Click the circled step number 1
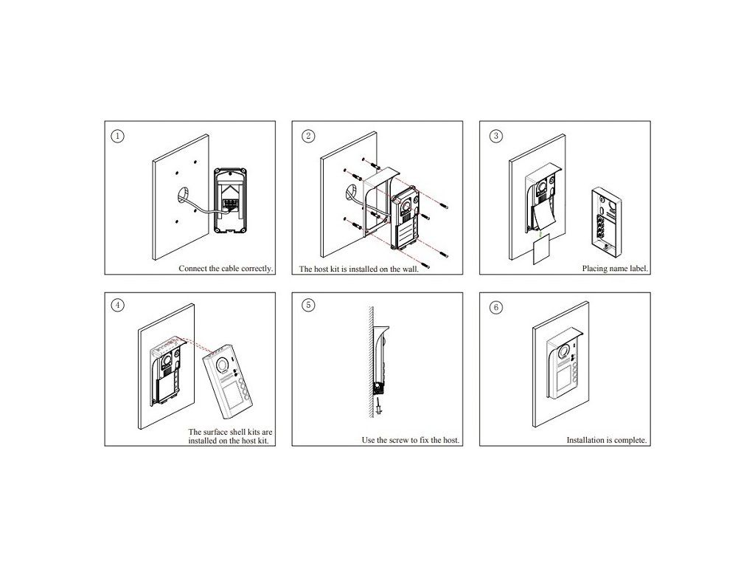117,136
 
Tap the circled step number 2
308,136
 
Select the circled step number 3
496,136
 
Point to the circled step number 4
117,305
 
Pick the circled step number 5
308,305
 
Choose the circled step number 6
496,307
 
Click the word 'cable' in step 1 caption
230,269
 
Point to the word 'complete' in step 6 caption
630,440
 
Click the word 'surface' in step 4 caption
227,432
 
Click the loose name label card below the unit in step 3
543,251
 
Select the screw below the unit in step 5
380,407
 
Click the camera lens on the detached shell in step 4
223,365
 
